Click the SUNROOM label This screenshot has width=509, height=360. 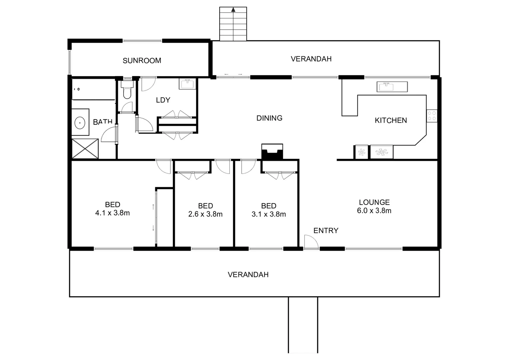[142, 61]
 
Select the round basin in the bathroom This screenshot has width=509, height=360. [80, 122]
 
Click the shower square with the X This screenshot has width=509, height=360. [85, 149]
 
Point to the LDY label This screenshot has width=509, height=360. [163, 100]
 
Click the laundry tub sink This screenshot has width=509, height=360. [188, 84]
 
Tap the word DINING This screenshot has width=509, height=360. [269, 118]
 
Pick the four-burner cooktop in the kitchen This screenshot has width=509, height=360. [432, 116]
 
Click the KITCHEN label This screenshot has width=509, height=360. [391, 120]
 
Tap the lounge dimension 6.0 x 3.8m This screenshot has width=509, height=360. [374, 211]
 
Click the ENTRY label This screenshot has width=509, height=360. [326, 231]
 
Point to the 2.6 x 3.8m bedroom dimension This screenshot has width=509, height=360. [205, 214]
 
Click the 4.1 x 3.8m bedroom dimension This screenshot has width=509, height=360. [112, 213]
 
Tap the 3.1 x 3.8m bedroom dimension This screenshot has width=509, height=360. [268, 214]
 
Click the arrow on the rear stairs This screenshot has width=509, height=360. [233, 10]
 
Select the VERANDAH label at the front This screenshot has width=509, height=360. [248, 275]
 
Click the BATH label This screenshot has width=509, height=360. [103, 122]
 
